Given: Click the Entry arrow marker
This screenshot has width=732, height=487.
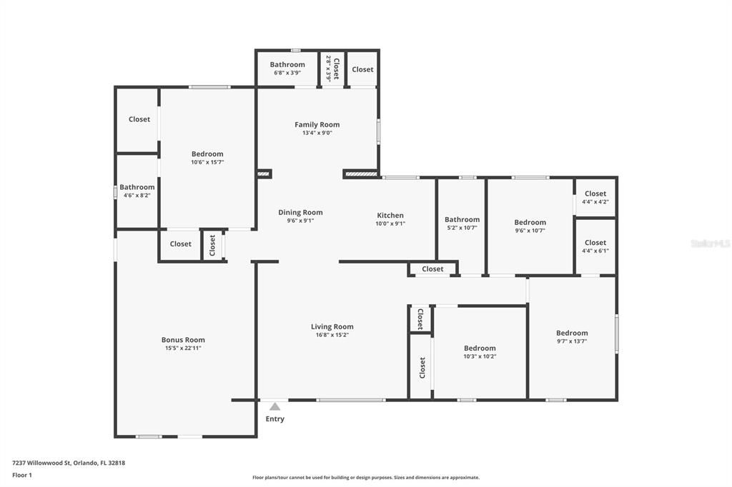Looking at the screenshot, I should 274,406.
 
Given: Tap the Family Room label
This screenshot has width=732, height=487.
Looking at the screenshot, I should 317,124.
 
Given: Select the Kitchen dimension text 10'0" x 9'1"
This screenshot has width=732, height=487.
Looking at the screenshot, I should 390,224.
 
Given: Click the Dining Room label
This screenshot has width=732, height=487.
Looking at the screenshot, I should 300,212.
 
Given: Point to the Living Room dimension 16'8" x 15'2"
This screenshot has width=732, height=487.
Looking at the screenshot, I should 332,335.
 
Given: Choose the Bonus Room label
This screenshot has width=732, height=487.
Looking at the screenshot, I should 183,340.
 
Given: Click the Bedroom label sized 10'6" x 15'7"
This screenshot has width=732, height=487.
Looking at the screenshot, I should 207,154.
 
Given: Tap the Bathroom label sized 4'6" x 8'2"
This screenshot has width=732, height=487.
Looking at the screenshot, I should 137,187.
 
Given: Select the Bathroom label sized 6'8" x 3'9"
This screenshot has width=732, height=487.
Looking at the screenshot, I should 287,64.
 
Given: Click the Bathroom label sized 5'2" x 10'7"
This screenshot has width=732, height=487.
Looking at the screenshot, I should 462,220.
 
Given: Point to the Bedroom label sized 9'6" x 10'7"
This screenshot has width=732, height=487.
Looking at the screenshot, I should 530,222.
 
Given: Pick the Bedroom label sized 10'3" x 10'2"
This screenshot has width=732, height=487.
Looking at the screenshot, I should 479,348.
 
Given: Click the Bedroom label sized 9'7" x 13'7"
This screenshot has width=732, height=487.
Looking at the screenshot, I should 572,333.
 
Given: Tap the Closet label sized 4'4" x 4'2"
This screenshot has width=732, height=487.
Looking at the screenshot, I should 595,194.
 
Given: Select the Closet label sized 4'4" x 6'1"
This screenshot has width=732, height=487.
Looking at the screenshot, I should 595,243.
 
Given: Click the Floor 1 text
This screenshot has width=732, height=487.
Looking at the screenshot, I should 22,475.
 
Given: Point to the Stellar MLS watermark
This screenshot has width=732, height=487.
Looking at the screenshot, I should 711,243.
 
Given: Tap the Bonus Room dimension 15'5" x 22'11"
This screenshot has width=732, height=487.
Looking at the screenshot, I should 183,348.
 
